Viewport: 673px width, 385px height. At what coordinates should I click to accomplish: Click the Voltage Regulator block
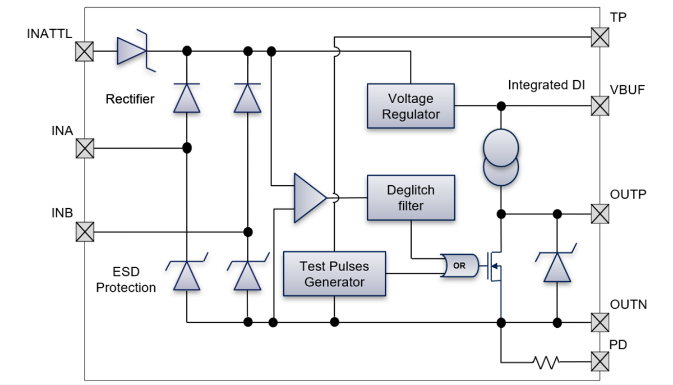[x=411, y=106]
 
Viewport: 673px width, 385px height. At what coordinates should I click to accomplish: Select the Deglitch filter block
[x=411, y=198]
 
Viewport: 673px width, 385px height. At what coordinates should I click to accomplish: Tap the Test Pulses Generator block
[x=334, y=273]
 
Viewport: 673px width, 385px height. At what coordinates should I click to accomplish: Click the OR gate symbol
[x=459, y=266]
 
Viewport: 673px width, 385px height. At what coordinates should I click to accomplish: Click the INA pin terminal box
[x=85, y=149]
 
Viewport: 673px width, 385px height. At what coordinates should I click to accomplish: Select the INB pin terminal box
[x=85, y=232]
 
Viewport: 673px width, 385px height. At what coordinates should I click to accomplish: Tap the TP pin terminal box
[x=600, y=38]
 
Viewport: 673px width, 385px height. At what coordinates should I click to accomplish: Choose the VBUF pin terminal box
[x=600, y=106]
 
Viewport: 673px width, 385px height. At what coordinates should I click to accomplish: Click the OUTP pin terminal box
[x=600, y=213]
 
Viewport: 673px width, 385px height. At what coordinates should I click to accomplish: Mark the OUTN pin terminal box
[x=600, y=323]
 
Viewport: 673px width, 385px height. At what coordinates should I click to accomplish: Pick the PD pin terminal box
[x=600, y=361]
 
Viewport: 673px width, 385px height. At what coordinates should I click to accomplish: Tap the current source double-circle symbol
[x=501, y=159]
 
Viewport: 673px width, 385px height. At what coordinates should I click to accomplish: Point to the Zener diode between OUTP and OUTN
[x=557, y=267]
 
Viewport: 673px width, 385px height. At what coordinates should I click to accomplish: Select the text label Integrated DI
[x=546, y=85]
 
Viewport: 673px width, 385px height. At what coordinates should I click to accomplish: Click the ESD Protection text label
[x=126, y=280]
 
